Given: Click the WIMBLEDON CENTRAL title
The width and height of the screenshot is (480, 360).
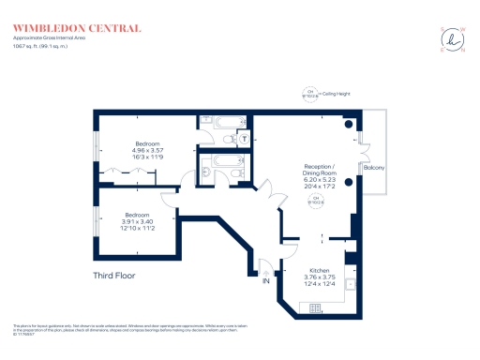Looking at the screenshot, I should [x=77, y=28].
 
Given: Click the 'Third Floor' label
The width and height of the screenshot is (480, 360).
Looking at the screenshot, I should [x=115, y=276].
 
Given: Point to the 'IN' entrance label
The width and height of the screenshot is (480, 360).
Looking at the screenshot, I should [x=265, y=280].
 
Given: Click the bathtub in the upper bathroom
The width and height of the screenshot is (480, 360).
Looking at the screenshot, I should [x=229, y=121].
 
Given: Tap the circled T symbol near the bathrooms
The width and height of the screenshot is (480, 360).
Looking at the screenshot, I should [x=244, y=140].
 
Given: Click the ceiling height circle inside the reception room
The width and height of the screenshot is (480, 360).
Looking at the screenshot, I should [x=316, y=200].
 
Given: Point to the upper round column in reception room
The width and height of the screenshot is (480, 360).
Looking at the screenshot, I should [x=349, y=125].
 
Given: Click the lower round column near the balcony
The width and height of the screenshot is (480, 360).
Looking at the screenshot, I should [x=349, y=180].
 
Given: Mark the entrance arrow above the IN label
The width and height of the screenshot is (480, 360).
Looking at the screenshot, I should [x=265, y=268].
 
